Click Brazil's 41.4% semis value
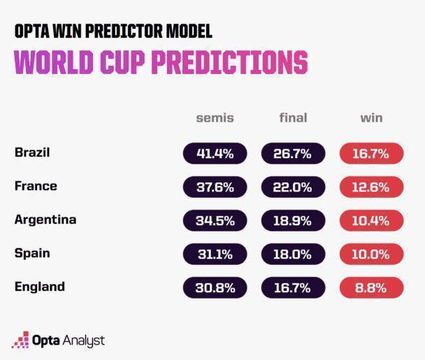pyautogui.click(x=215, y=153)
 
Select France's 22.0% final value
pyautogui.click(x=293, y=187)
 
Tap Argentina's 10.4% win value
pyautogui.click(x=371, y=220)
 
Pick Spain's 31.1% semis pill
pyautogui.click(x=215, y=254)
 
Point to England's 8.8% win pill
pyautogui.click(x=371, y=287)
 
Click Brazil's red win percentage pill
pyautogui.click(x=371, y=153)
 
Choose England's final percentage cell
pyautogui.click(x=293, y=287)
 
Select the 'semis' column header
pyautogui.click(x=215, y=117)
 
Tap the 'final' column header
pyautogui.click(x=293, y=117)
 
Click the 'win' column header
pyautogui.click(x=371, y=117)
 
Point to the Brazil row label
pyautogui.click(x=32, y=152)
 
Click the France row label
pyautogui.click(x=36, y=186)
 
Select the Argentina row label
pyautogui.click(x=45, y=219)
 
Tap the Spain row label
pyautogui.click(x=32, y=253)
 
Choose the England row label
pyautogui.click(x=39, y=287)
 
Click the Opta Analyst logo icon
pyautogui.click(x=20, y=340)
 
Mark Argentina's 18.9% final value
pyautogui.click(x=293, y=220)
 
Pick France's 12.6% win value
pyautogui.click(x=371, y=187)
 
